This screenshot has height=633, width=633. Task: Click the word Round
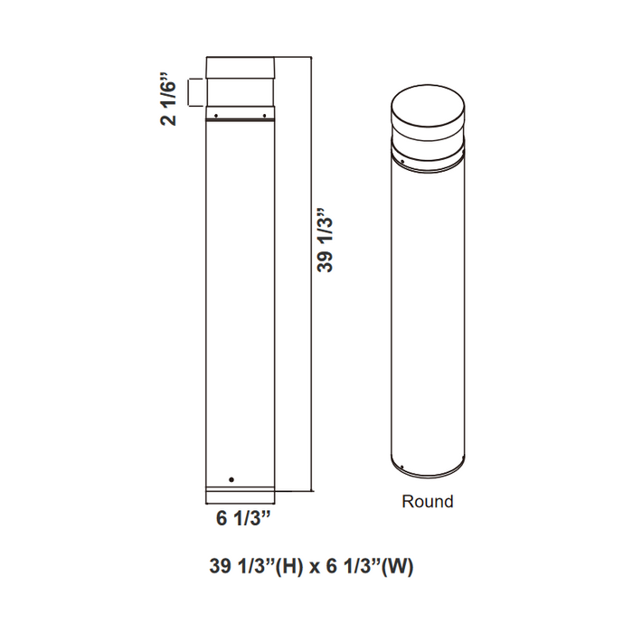(x=427, y=501)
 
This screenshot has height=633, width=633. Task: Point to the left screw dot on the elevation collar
(x=216, y=115)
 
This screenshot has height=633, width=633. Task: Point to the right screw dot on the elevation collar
(x=264, y=115)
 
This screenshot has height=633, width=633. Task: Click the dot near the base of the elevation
(x=231, y=478)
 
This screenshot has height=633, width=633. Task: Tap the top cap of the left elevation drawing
(x=241, y=69)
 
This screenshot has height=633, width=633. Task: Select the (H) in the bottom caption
(x=283, y=567)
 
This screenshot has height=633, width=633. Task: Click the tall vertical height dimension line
(x=311, y=271)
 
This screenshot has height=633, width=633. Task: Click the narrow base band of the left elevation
(x=241, y=496)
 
